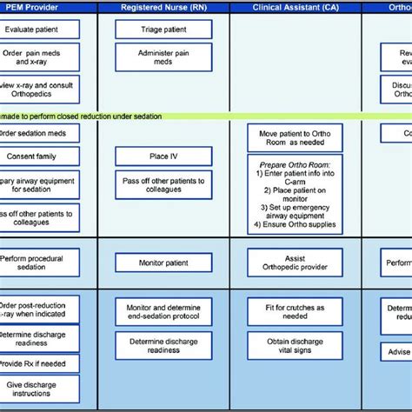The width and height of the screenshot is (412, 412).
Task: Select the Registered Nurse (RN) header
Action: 163,7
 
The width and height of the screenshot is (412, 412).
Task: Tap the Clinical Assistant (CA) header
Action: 295,7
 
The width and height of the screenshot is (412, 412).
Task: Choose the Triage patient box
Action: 163,30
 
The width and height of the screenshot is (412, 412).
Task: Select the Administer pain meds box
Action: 163,57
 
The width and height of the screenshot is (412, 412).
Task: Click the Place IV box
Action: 163,156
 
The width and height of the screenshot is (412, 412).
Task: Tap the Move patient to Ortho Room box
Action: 295,137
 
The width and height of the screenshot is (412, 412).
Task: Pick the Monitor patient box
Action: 163,262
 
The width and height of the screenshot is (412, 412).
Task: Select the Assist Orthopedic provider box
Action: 295,262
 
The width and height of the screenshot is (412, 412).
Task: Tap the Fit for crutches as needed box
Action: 295,311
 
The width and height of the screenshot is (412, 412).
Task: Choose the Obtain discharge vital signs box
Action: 295,349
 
